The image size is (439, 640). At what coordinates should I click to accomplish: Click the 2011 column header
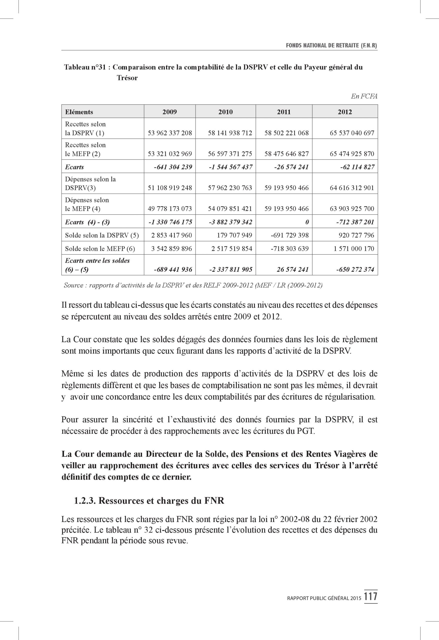pos(284,112)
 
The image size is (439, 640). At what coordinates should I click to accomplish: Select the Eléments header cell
pos(79,112)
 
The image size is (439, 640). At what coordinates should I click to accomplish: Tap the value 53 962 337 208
pos(170,133)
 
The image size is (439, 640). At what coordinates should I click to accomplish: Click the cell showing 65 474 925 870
pos(352,154)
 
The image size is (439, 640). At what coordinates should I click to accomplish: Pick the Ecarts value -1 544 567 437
pos(230,167)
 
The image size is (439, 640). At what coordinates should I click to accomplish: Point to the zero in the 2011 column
pos(307,222)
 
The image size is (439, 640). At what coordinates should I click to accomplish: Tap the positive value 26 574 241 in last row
pos(293,269)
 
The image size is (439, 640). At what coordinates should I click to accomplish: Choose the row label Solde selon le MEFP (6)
pos(100,249)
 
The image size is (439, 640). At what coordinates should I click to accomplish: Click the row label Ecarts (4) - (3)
pos(87,222)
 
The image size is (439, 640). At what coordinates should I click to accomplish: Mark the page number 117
pos(370,597)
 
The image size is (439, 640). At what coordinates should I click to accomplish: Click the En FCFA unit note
pos(364,96)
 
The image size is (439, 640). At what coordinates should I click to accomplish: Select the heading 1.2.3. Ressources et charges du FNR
pos(149,501)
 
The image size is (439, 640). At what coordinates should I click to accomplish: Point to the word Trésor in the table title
pos(127,78)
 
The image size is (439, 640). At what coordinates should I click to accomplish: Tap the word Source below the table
pos(73,285)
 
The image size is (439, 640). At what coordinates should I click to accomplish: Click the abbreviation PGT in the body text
pos(305,431)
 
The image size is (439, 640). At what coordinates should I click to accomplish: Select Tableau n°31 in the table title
pos(85,67)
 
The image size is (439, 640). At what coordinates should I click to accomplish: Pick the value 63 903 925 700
pos(352,208)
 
